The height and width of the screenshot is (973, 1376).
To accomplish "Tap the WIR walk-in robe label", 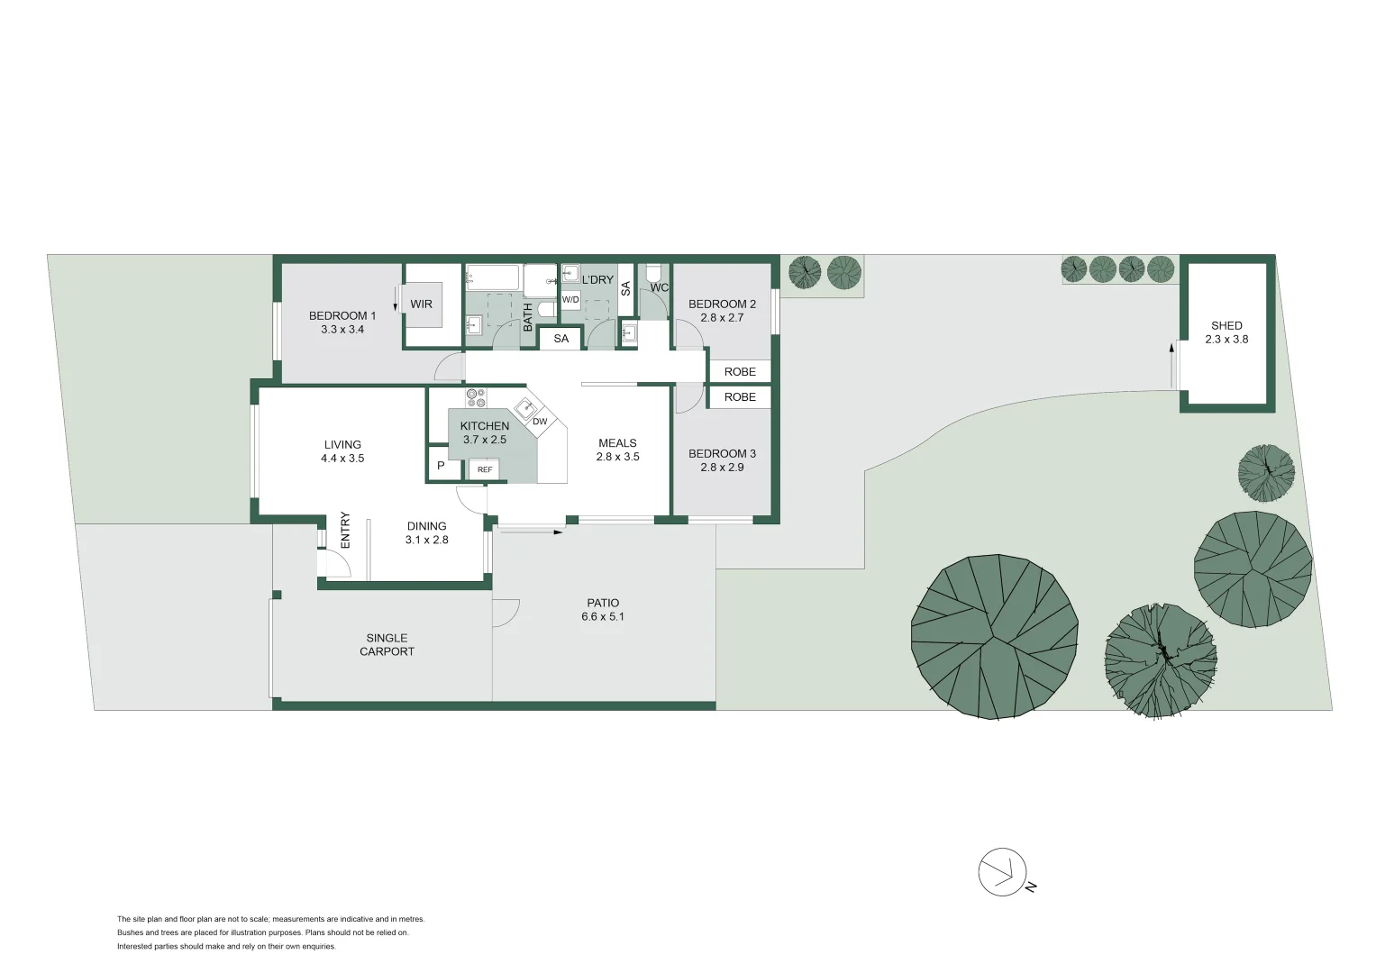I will [x=421, y=305].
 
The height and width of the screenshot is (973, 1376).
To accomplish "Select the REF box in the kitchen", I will [x=484, y=469].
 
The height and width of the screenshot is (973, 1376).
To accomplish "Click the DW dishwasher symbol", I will [x=540, y=422].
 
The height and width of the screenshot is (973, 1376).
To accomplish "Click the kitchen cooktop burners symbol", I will [x=475, y=397].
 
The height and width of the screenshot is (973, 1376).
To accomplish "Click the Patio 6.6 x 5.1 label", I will [x=603, y=610].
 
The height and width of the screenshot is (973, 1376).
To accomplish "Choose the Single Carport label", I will [x=387, y=644].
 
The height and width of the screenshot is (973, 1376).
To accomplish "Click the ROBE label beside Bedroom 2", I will [x=740, y=371].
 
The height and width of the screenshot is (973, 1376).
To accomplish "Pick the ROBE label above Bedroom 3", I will [x=740, y=397].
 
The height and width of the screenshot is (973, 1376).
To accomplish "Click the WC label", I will [x=659, y=288].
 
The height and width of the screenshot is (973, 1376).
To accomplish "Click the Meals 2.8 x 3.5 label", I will [x=617, y=450].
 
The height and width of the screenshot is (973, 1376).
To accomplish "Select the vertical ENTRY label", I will [x=345, y=530].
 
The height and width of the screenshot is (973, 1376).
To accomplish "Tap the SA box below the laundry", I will [x=561, y=339].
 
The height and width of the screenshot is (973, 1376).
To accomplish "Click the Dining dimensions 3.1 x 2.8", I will [x=426, y=541].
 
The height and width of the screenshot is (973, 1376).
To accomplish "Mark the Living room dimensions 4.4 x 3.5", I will [x=342, y=459].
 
